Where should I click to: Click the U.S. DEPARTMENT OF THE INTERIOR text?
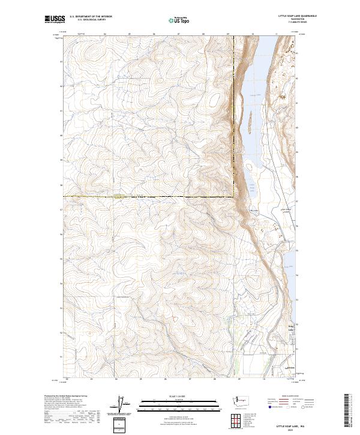[x=91, y=17]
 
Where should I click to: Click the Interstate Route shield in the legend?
[x=269, y=407]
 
